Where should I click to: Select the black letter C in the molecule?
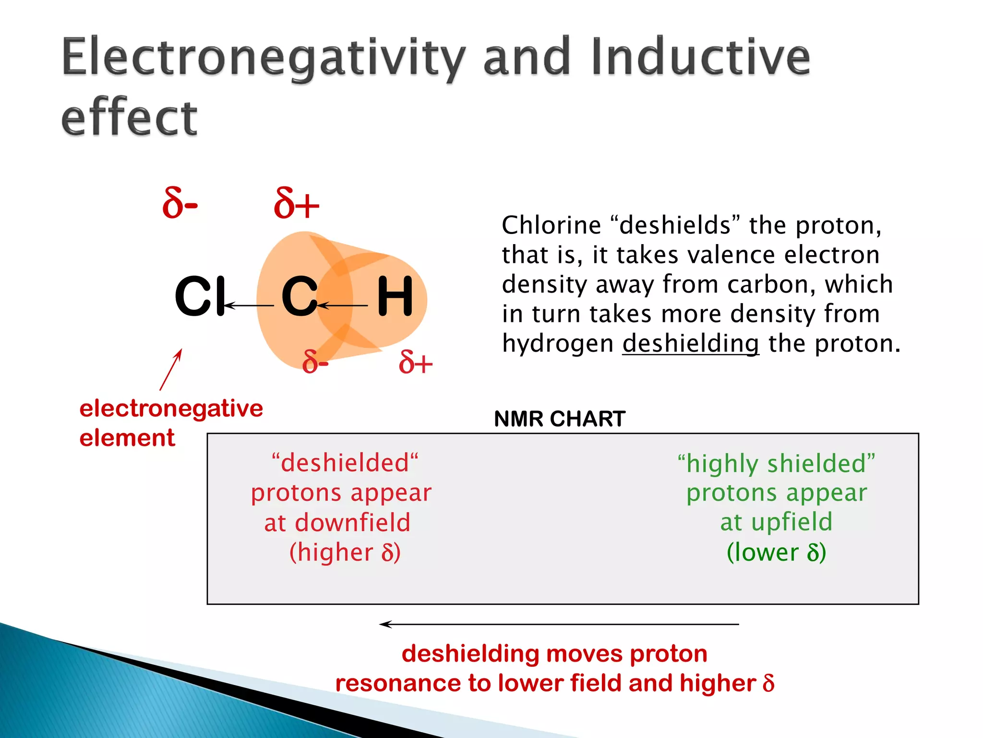(x=299, y=296)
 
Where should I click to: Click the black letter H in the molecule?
(x=395, y=296)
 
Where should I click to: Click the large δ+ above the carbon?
(x=296, y=204)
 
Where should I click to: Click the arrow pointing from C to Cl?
(x=250, y=305)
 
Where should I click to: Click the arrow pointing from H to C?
(x=343, y=305)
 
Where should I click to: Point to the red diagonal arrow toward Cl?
(x=171, y=369)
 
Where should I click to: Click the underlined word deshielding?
(x=690, y=344)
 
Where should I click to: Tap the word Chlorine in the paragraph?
(x=551, y=225)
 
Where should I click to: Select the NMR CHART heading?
(x=559, y=419)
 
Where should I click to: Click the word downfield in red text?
(x=352, y=523)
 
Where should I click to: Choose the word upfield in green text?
(x=791, y=522)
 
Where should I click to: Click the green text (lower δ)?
(x=776, y=552)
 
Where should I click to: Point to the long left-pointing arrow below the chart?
(x=559, y=624)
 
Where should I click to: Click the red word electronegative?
(x=171, y=408)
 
